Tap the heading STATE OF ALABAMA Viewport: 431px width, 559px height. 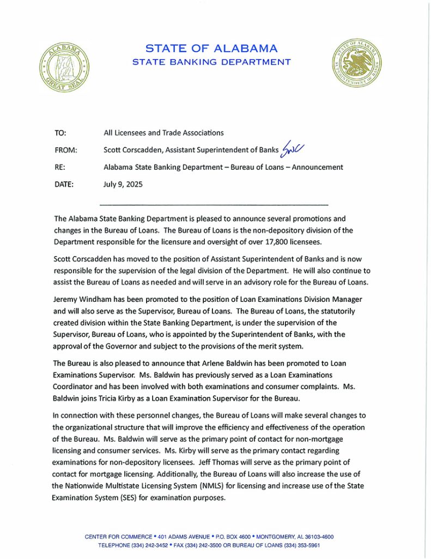coord(212,49)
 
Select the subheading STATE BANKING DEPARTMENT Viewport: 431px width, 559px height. coord(212,62)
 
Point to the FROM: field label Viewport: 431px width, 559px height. coord(66,150)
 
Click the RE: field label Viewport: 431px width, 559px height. coord(60,167)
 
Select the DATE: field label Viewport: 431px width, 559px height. coord(64,185)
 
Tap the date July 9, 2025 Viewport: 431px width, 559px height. coord(123,185)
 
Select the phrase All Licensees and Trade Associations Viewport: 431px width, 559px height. coord(163,133)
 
